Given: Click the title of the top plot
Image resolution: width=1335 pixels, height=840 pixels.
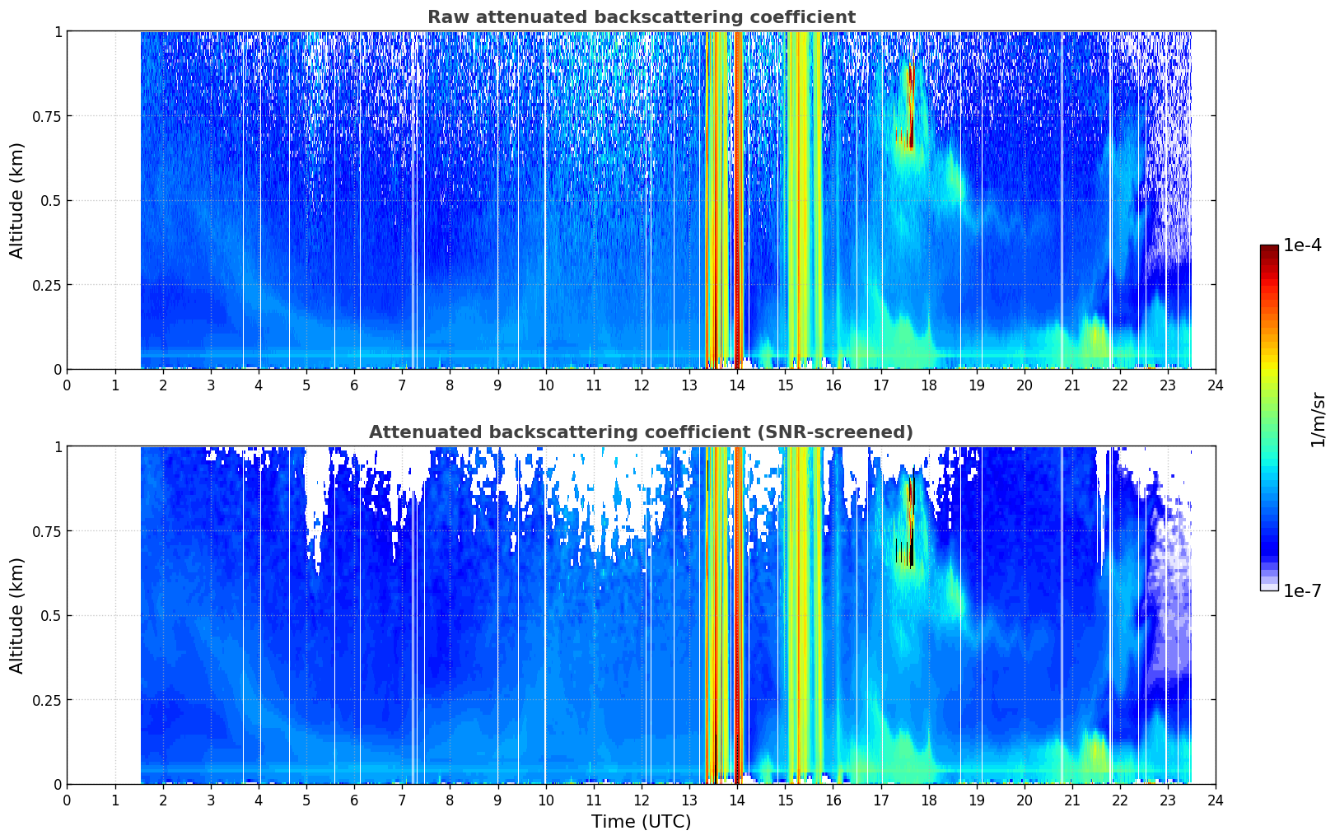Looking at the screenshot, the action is click(642, 16).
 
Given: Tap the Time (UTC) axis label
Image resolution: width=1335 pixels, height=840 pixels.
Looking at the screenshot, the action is click(642, 822).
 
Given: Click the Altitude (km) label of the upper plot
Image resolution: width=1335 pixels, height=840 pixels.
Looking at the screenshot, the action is click(16, 200).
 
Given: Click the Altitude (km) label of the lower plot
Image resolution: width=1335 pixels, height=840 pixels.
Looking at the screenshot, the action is click(16, 615).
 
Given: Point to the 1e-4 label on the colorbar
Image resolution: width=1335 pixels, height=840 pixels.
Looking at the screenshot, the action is click(1302, 245).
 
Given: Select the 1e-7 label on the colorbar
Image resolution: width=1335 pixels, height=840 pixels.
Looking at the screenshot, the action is click(1302, 591).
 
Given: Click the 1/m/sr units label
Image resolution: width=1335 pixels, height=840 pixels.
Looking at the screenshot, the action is click(1319, 419).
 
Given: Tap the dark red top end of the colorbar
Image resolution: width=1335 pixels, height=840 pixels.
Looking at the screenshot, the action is click(1269, 249).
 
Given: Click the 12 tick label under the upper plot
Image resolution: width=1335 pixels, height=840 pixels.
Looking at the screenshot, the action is click(642, 385).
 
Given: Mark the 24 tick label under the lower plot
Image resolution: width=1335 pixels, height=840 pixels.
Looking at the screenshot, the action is click(1216, 800).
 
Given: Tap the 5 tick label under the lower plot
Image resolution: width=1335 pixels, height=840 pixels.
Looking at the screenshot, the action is click(306, 800).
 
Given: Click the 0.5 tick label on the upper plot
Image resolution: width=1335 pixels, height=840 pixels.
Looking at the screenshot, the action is click(51, 201).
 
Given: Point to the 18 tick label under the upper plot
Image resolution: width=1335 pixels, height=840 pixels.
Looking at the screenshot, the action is click(928, 385).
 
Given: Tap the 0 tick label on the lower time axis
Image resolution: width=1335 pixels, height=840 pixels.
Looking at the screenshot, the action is click(67, 800).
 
